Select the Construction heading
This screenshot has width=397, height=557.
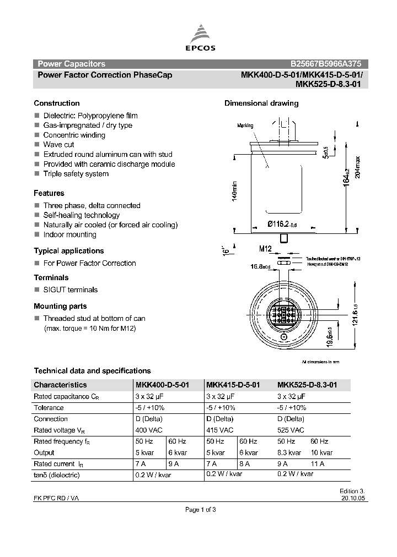(57, 103)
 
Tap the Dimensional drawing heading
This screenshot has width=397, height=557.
(261, 103)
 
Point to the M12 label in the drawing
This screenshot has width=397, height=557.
(266, 249)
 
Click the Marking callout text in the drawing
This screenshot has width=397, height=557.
(245, 125)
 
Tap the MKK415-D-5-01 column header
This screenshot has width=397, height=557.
(233, 385)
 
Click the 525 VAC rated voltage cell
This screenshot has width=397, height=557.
(291, 430)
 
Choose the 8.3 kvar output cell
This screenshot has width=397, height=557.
(289, 453)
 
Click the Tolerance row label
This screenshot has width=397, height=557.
(49, 408)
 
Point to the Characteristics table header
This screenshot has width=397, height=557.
(60, 385)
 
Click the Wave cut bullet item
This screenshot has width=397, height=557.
(58, 145)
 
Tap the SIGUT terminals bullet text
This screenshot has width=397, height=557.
(71, 290)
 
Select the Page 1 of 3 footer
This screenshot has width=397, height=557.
(200, 510)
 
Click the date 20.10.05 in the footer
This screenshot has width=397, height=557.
(353, 498)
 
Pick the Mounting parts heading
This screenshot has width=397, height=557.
(60, 307)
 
